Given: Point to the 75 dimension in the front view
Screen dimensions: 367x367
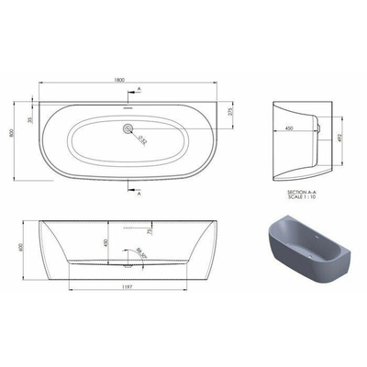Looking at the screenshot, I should [x=148, y=233].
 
